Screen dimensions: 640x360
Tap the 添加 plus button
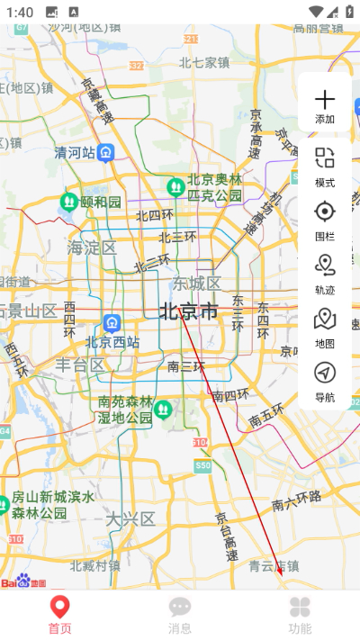coord(324,104)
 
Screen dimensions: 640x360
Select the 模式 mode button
coord(324,166)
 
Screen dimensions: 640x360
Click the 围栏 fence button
coord(324,219)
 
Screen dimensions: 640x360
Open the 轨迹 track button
coord(324,272)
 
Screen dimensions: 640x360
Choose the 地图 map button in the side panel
coord(324,326)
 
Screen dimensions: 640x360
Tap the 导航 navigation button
coord(324,379)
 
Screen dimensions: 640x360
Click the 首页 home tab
coord(59,614)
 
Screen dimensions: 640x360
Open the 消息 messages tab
coord(180,614)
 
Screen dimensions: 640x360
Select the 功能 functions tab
coord(300,614)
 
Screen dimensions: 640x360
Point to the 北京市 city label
coord(189,312)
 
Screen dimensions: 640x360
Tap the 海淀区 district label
coord(92,247)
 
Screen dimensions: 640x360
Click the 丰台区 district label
coord(80,365)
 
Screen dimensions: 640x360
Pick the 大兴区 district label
coord(130,518)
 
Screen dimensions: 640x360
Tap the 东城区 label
coord(196,284)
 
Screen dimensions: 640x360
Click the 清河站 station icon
coord(106,152)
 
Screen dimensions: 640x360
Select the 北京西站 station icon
coord(112,321)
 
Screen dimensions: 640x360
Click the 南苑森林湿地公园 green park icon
coord(163,410)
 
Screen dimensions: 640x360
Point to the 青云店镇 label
coord(274,565)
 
